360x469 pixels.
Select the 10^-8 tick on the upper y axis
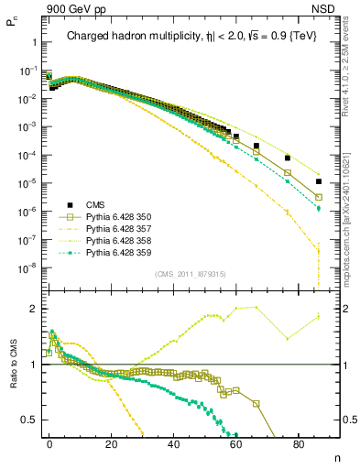27,268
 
